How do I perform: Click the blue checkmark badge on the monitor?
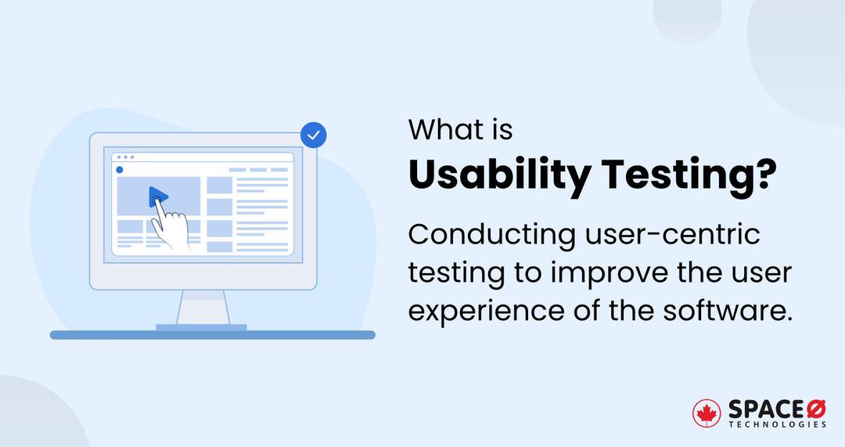(314, 135)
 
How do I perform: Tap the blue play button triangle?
(157, 196)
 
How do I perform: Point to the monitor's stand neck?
(202, 306)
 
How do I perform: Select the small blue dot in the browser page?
(120, 169)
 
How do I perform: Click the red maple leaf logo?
(707, 413)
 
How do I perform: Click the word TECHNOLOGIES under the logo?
(778, 424)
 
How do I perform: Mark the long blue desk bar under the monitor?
(212, 335)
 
